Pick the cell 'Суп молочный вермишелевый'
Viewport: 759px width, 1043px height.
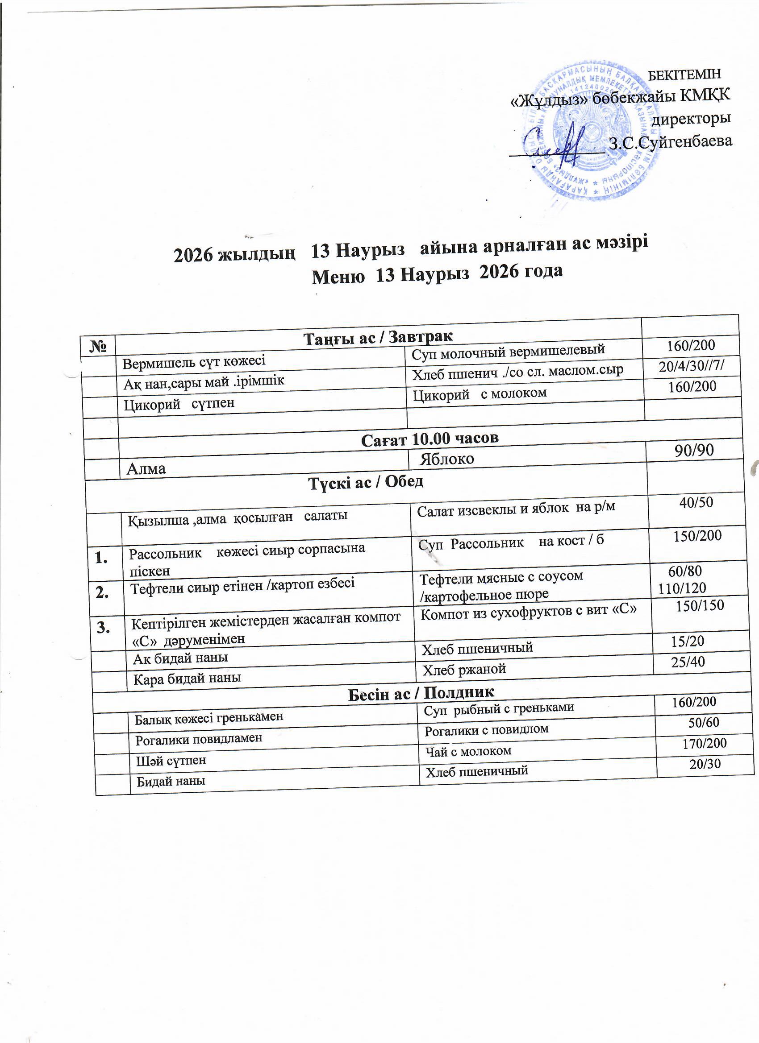508,352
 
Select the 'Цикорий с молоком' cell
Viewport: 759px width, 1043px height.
479,393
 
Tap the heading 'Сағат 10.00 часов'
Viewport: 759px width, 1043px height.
430,439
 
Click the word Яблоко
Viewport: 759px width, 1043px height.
446,459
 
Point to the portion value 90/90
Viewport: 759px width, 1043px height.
694,450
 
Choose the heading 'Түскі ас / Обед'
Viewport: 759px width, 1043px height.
366,482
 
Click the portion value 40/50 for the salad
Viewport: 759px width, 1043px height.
696,502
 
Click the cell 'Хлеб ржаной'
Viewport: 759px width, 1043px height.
464,669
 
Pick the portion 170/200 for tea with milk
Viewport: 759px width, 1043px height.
705,743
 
